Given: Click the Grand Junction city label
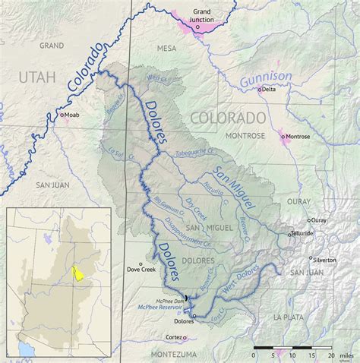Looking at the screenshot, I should [x=201, y=16].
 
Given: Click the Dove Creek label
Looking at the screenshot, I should [x=143, y=270].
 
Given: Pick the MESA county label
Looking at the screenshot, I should [x=166, y=48].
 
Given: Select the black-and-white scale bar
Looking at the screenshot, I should [x=292, y=347].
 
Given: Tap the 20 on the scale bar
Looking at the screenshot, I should [x=330, y=355].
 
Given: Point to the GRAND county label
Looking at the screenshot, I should [x=51, y=46].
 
